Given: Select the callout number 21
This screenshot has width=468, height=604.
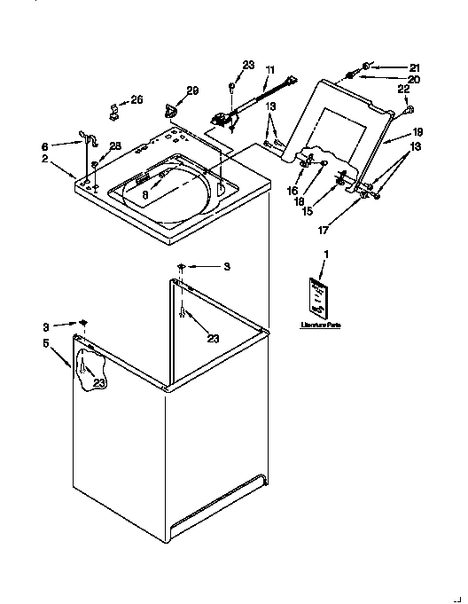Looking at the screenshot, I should pyautogui.click(x=414, y=67).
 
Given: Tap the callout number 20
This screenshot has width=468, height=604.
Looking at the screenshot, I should pyautogui.click(x=414, y=79).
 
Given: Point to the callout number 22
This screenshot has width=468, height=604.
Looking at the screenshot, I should pyautogui.click(x=403, y=90).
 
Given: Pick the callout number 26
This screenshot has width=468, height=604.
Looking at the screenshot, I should pyautogui.click(x=136, y=99).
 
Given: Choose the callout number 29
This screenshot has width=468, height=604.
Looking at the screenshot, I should pyautogui.click(x=191, y=90).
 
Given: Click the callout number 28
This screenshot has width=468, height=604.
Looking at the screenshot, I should pyautogui.click(x=114, y=145).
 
